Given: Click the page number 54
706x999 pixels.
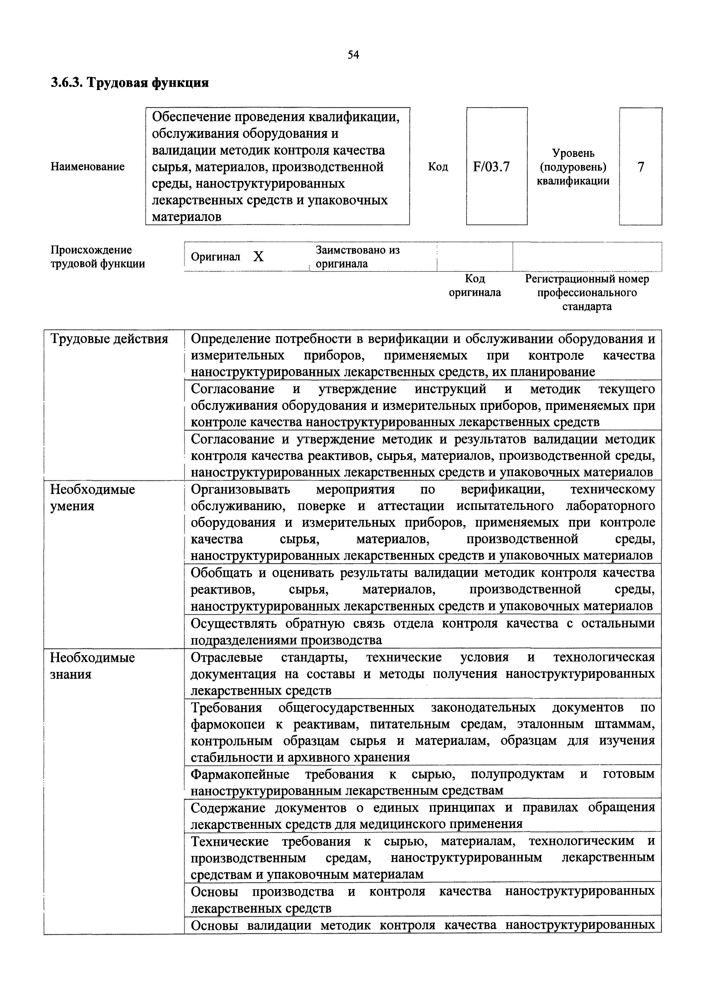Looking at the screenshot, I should (353, 54).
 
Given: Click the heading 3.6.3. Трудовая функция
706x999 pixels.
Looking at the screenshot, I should (130, 83).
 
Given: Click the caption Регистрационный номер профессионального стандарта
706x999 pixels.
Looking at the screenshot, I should (587, 292).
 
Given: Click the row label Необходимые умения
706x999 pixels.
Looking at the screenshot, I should (92, 498).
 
